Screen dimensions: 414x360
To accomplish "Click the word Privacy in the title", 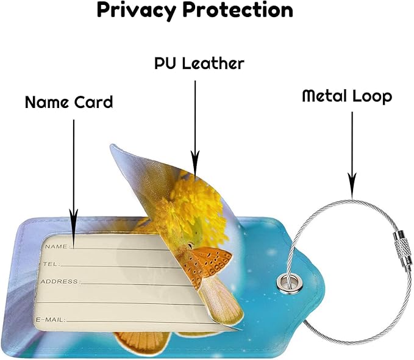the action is coord(137,10).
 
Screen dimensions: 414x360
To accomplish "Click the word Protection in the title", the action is coord(238,10).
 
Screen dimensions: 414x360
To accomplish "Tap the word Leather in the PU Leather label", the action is coord(213,63).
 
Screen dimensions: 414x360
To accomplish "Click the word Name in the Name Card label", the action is coord(46,102).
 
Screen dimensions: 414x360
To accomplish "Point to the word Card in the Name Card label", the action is coord(93,102).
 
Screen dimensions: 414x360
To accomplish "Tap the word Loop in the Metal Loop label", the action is coord(373,97).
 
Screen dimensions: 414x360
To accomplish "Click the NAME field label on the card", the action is coord(56,247).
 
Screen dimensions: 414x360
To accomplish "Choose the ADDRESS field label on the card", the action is coord(59,282).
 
